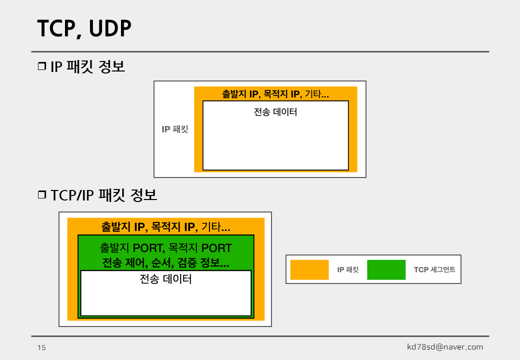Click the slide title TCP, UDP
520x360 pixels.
click(x=84, y=29)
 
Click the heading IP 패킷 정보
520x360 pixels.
click(x=87, y=66)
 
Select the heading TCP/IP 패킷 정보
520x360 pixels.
click(x=103, y=195)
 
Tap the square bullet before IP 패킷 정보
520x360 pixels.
click(x=41, y=66)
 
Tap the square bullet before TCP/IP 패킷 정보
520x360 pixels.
click(x=41, y=195)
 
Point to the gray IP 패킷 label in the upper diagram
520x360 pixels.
click(x=175, y=129)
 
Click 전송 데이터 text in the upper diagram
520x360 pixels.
click(x=275, y=112)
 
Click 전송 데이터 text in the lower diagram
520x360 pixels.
click(x=165, y=279)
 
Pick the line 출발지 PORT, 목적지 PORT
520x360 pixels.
click(x=165, y=248)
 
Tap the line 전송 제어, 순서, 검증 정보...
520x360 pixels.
click(x=165, y=263)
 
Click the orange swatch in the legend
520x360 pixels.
click(x=309, y=269)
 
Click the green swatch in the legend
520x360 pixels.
click(x=386, y=269)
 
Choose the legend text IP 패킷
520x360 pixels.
click(x=348, y=270)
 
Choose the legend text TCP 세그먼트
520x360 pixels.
click(x=434, y=270)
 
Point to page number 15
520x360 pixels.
click(x=41, y=347)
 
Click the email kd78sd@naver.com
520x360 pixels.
click(x=445, y=347)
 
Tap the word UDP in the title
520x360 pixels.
click(x=110, y=29)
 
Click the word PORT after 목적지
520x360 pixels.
click(x=216, y=248)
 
